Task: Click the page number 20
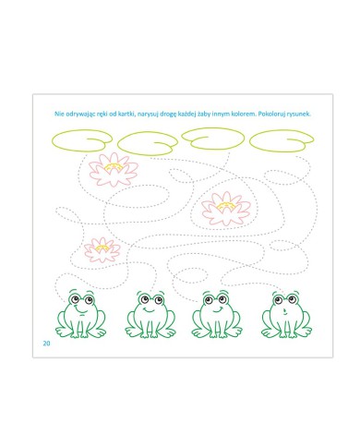(46, 344)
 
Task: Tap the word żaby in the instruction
(203, 114)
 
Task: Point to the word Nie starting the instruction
(59, 114)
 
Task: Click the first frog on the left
(80, 314)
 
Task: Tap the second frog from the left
(150, 314)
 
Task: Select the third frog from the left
(217, 314)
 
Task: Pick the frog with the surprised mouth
(286, 314)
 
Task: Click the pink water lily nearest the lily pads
(114, 170)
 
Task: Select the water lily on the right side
(226, 209)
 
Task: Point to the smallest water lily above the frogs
(102, 250)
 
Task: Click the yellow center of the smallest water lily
(102, 248)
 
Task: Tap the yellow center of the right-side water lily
(226, 207)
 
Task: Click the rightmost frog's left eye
(279, 299)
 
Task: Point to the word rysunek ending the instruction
(298, 114)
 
